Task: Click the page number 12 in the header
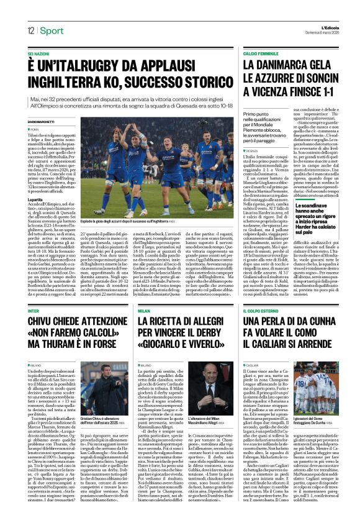(30, 31)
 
